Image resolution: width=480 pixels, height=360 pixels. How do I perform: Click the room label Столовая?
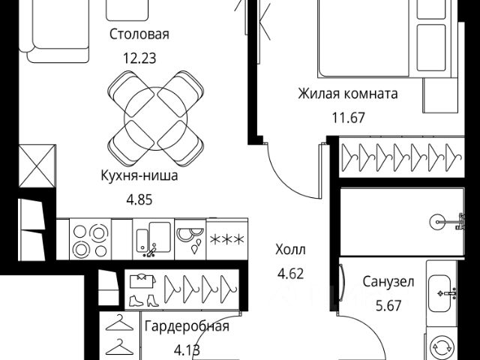[x=139, y=34]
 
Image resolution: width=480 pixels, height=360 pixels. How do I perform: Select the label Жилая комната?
[x=347, y=94]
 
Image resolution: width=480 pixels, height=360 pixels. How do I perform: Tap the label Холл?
[x=292, y=249]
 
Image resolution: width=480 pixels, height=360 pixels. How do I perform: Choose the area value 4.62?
[x=292, y=273]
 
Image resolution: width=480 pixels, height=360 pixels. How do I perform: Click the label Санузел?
[x=388, y=282]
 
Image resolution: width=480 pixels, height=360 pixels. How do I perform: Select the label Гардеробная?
[x=187, y=326]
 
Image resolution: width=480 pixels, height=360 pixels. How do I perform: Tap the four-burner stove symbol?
[x=89, y=238]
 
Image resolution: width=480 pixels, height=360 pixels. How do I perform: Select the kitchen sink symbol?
[x=153, y=238]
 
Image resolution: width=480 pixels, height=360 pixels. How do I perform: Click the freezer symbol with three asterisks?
[x=226, y=240]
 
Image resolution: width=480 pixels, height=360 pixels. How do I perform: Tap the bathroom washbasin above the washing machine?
[x=443, y=289]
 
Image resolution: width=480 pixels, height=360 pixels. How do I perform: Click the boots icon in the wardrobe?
[x=142, y=299]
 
